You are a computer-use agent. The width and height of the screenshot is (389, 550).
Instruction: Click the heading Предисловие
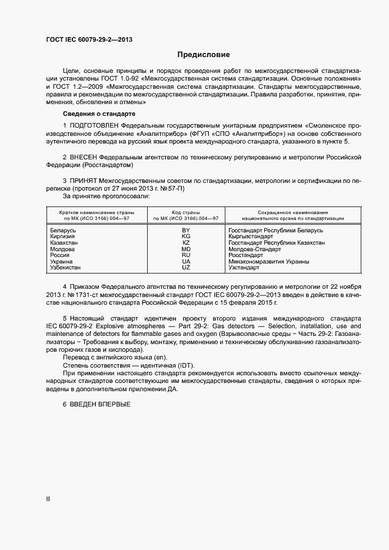(203, 55)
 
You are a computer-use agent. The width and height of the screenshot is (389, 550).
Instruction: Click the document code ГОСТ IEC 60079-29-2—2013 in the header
(89, 40)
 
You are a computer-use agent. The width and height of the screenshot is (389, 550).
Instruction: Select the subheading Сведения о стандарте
(99, 113)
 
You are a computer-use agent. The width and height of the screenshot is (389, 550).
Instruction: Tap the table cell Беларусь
(63, 231)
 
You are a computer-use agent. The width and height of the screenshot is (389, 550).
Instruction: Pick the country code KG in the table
(186, 236)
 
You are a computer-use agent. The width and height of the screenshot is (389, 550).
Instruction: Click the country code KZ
(186, 243)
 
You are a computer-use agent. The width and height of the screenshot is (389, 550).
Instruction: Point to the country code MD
(186, 249)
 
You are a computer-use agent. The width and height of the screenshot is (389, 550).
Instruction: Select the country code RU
(186, 255)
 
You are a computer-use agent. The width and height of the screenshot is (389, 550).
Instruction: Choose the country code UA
(186, 262)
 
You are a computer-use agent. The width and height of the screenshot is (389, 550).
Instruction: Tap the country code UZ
(186, 268)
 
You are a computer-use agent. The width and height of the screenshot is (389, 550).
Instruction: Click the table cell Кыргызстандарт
(251, 236)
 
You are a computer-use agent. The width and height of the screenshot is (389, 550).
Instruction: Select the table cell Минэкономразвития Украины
(268, 262)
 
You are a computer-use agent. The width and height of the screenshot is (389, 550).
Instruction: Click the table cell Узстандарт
(244, 268)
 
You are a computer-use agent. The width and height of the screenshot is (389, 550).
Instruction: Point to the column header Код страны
(186, 212)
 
